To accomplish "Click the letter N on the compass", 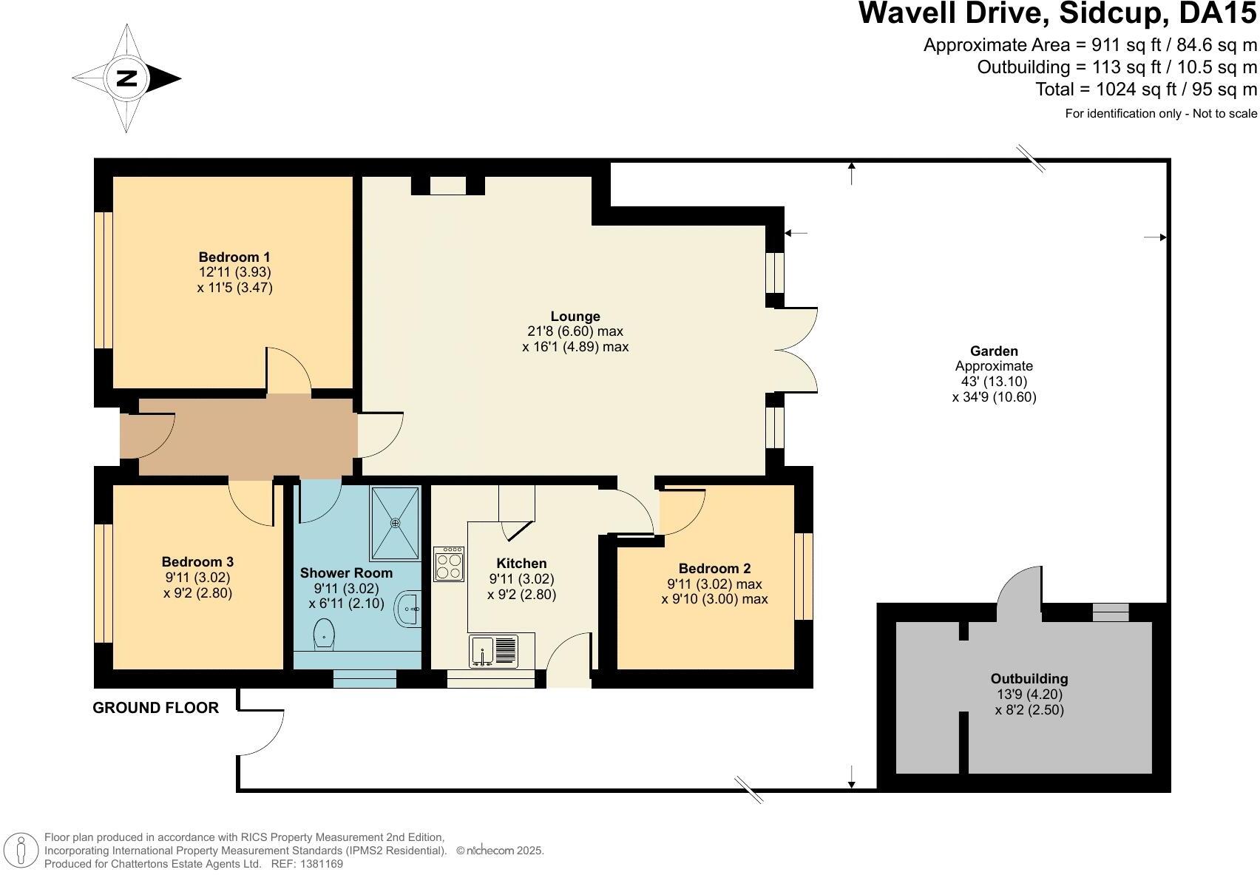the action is pyautogui.click(x=127, y=78).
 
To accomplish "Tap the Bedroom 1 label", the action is pyautogui.click(x=234, y=257).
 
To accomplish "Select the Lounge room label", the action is pyautogui.click(x=575, y=317).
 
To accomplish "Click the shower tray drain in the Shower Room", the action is pyautogui.click(x=396, y=524).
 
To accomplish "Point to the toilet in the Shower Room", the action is pyautogui.click(x=324, y=634).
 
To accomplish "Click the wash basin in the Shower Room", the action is pyautogui.click(x=409, y=608).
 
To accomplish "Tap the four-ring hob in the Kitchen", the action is pyautogui.click(x=449, y=564).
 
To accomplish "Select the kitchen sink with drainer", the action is pyautogui.click(x=493, y=652).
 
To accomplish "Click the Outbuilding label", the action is pyautogui.click(x=1029, y=678).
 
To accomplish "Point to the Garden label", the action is pyautogui.click(x=994, y=351).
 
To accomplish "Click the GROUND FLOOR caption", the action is pyautogui.click(x=156, y=708).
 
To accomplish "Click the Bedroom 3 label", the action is pyautogui.click(x=197, y=561).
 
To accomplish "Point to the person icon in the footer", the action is pyautogui.click(x=21, y=850).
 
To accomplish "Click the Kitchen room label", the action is pyautogui.click(x=521, y=564).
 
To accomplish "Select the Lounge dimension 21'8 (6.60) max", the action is pyautogui.click(x=575, y=331).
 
